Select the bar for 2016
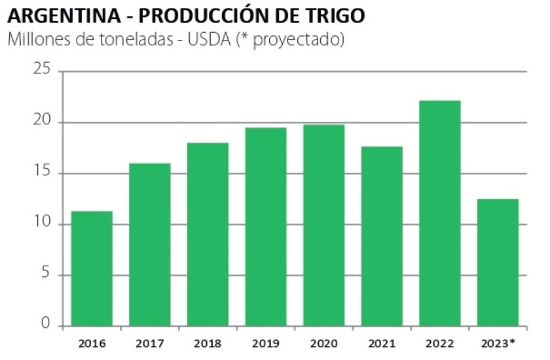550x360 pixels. pyautogui.click(x=92, y=268)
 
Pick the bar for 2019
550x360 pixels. pyautogui.click(x=266, y=226)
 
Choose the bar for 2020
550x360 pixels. pyautogui.click(x=324, y=225)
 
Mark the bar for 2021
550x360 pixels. pyautogui.click(x=382, y=236)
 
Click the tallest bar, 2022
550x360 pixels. pyautogui.click(x=440, y=213)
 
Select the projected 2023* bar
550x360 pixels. pyautogui.click(x=498, y=262)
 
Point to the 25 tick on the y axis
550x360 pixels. pyautogui.click(x=41, y=71)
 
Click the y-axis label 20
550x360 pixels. pyautogui.click(x=41, y=122)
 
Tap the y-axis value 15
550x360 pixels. pyautogui.click(x=41, y=173)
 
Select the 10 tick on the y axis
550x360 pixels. pyautogui.click(x=41, y=225)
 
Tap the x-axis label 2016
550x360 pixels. pyautogui.click(x=92, y=342)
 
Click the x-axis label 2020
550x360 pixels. pyautogui.click(x=324, y=342)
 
